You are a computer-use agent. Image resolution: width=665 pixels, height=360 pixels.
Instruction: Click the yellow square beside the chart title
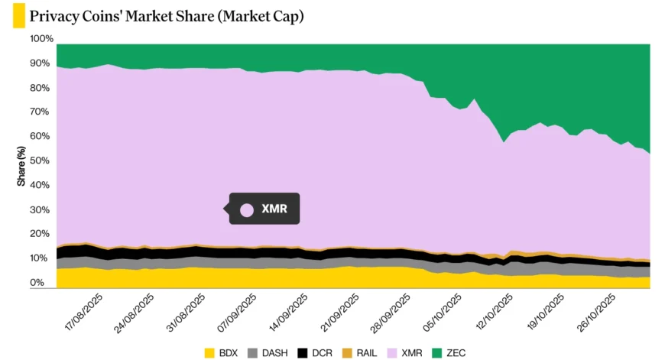(18, 16)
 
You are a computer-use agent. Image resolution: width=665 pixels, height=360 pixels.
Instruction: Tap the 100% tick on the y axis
(41, 39)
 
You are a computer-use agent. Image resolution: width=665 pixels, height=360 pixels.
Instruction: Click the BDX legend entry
(220, 352)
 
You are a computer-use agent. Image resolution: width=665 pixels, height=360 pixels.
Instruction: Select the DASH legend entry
(268, 352)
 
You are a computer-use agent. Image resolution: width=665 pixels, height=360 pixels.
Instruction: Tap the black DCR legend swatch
(302, 352)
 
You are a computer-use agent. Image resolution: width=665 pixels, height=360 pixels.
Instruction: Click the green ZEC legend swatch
(437, 352)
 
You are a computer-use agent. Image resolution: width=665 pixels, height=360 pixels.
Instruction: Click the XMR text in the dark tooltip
(274, 208)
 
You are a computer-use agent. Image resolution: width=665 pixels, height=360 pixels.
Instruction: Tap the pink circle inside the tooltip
(247, 209)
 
